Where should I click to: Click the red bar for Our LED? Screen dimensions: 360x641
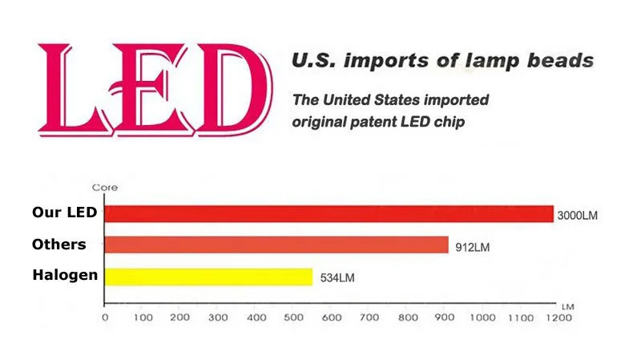click(329, 214)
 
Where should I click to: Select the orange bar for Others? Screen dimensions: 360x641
click(276, 245)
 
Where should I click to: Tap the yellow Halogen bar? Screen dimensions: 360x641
click(208, 277)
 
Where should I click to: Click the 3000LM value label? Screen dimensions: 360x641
click(577, 216)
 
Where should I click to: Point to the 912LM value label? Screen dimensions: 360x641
click(471, 247)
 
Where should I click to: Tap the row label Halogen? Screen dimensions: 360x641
click(65, 275)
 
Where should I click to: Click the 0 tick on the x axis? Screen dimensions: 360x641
click(106, 318)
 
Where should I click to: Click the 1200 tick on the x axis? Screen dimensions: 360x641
click(558, 318)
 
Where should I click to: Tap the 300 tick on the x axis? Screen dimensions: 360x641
click(219, 318)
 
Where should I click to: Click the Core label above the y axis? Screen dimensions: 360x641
click(105, 188)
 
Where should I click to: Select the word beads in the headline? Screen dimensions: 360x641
click(563, 61)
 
